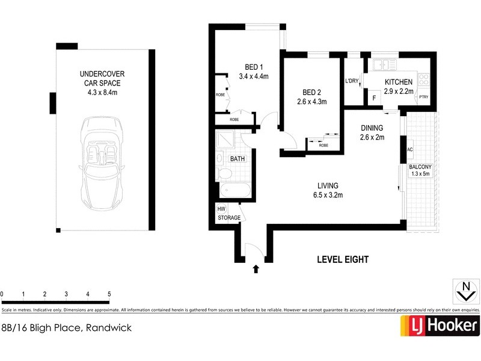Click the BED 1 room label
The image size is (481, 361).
tap(253, 67)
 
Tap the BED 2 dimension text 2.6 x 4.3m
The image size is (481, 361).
tap(311, 102)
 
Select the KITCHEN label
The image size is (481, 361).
tap(399, 82)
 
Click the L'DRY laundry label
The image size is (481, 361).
tap(352, 81)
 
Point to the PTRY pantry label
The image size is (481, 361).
tap(424, 97)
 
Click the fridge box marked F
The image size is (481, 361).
tap(375, 97)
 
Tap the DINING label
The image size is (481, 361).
tap(372, 128)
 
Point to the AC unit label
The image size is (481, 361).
tap(409, 149)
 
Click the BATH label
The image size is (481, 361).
tap(237, 159)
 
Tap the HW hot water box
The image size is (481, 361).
tap(221, 208)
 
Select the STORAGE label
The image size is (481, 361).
tap(229, 218)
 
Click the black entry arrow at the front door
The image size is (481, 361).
tap(257, 270)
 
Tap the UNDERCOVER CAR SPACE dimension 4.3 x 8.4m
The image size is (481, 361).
tap(102, 93)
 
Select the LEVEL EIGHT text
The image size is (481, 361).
tap(342, 260)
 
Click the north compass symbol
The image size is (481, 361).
tap(464, 291)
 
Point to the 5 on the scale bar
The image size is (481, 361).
tap(109, 294)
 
